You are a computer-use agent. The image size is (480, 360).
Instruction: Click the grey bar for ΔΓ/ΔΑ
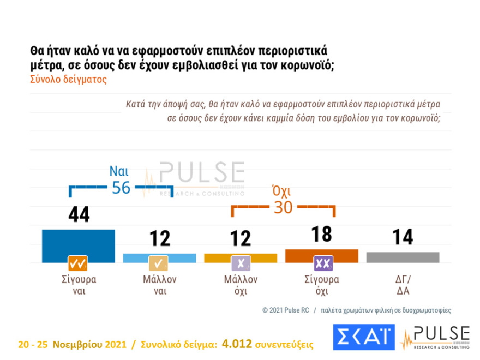403,257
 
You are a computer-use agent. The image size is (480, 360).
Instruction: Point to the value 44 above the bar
79,215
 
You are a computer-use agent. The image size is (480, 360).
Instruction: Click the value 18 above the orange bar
321,233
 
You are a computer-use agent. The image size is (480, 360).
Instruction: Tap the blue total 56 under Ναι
121,187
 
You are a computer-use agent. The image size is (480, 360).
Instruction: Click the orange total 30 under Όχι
283,207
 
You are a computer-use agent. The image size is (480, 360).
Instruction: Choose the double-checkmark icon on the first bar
78,263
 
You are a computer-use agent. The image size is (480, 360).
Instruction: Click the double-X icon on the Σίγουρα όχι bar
323,263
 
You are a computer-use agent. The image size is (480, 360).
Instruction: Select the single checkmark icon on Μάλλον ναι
159,263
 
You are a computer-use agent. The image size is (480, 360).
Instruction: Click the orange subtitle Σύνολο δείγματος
68,79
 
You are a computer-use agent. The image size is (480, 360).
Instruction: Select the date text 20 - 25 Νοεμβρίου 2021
69,345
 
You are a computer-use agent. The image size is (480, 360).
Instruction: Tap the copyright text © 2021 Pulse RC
285,310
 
